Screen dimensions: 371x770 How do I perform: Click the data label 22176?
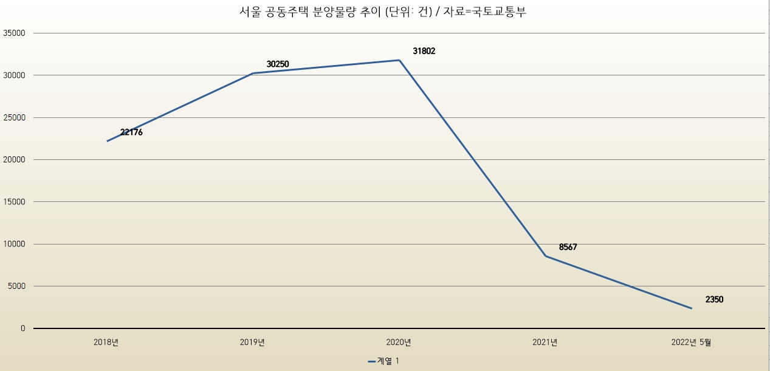pos(131,132)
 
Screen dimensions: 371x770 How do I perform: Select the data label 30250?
pos(278,64)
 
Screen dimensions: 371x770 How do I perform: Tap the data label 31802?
pos(424,51)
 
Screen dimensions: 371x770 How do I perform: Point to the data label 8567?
pos(568,247)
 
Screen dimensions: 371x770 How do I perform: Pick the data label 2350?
pos(714,299)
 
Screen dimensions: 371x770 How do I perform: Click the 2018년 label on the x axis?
pos(106,342)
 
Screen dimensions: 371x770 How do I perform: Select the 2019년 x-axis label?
pos(253,342)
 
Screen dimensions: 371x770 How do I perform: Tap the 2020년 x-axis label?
pos(399,342)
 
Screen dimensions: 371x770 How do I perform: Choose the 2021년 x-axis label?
pos(545,342)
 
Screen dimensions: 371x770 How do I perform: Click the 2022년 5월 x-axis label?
pos(691,342)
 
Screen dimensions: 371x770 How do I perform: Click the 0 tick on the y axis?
pos(22,328)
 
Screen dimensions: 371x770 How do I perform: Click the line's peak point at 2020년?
pos(399,60)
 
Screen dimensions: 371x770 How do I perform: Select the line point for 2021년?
pos(545,256)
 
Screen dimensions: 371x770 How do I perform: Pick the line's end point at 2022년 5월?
pos(691,308)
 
